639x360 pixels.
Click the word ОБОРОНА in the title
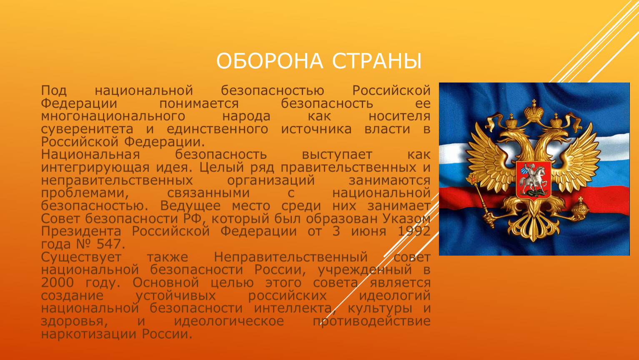point(270,61)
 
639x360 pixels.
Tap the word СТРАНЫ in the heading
point(377,61)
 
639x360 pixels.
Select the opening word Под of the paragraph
point(54,90)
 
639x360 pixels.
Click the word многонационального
point(113,116)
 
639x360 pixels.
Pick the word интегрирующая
point(95,168)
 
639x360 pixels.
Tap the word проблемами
point(85,193)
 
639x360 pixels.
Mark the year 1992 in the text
point(414,231)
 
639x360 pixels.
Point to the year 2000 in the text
point(58,282)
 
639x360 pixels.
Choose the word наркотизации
point(88,334)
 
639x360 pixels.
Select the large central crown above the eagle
point(534,110)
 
